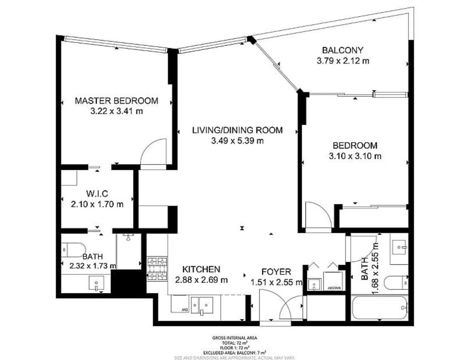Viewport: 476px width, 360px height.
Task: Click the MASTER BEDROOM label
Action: point(116,101)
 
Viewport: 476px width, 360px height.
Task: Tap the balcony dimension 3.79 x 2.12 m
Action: point(343,61)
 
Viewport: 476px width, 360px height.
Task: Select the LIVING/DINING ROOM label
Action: point(237,130)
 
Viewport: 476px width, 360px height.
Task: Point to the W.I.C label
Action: point(97,193)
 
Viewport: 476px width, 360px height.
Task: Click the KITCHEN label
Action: point(201,269)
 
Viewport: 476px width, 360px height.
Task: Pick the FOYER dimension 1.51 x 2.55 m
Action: point(276,282)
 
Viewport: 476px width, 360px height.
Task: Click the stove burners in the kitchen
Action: point(157,268)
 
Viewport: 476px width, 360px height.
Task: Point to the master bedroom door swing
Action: point(154,152)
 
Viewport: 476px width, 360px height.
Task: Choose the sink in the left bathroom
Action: point(96,284)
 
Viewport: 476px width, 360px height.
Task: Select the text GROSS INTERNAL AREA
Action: point(235,338)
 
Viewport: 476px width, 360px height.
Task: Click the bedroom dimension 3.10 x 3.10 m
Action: point(355,156)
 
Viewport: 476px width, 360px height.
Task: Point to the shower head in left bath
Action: point(128,237)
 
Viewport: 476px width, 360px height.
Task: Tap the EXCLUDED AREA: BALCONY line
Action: point(235,353)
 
